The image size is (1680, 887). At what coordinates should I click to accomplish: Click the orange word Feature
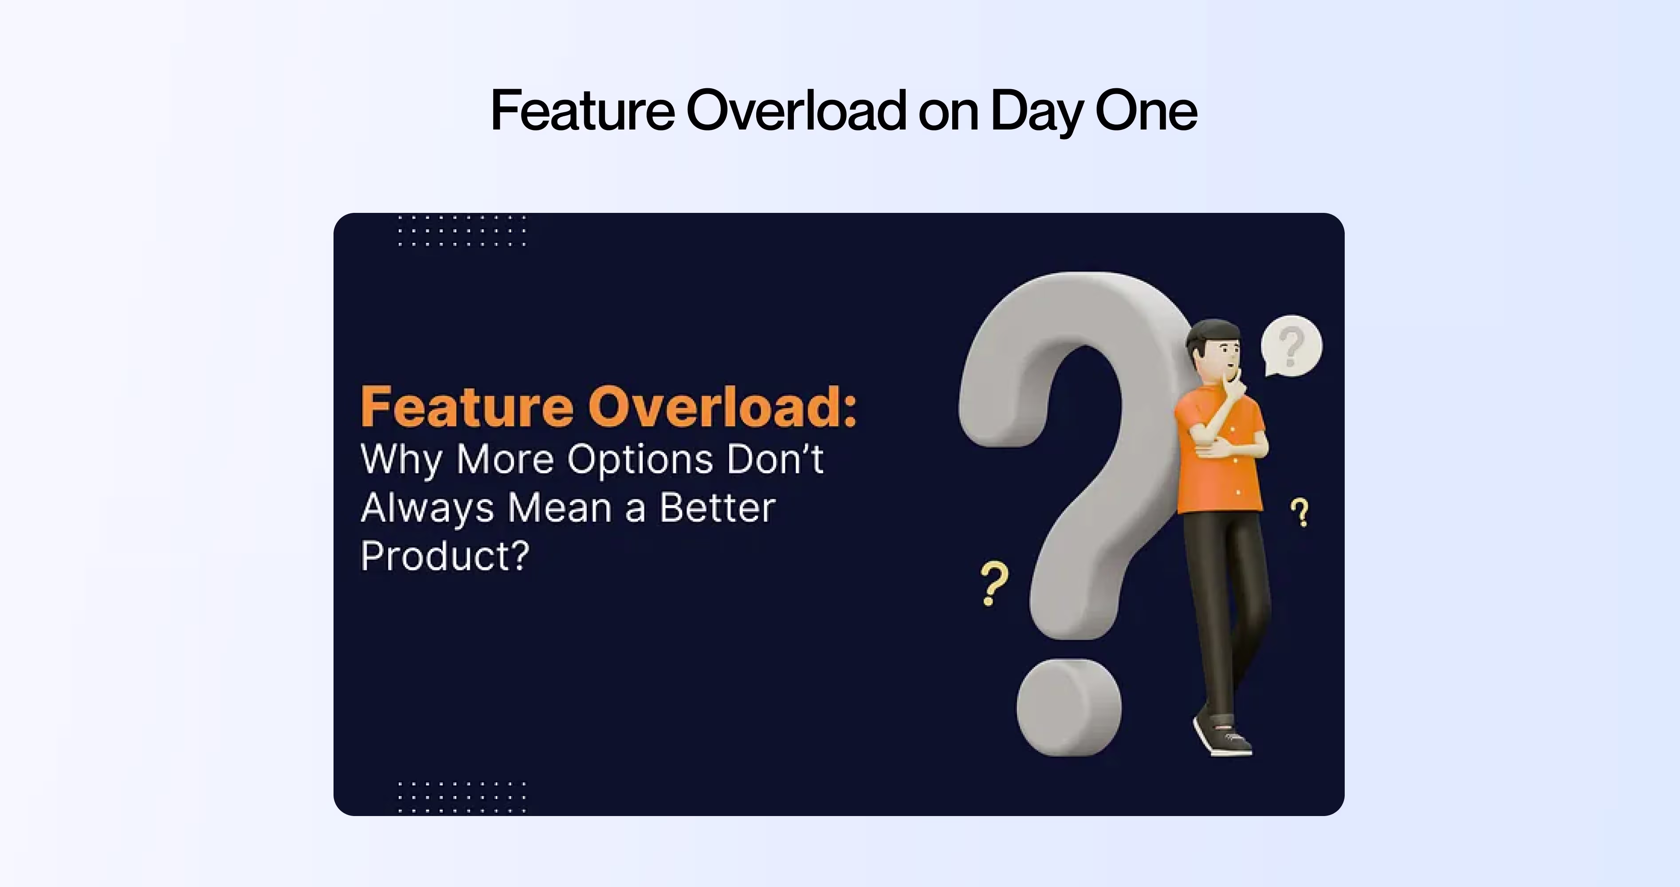click(x=466, y=407)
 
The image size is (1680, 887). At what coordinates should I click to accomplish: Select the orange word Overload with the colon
click(x=722, y=407)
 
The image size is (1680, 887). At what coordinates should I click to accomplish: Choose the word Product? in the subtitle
click(x=444, y=556)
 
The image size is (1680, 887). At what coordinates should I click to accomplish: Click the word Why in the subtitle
click(x=401, y=460)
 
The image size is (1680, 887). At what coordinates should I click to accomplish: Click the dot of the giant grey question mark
click(x=1069, y=708)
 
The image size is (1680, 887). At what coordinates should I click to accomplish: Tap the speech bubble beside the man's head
click(x=1291, y=345)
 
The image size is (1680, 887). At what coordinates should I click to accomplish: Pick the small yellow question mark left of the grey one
click(x=994, y=584)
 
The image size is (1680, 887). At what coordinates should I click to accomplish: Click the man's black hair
click(x=1210, y=333)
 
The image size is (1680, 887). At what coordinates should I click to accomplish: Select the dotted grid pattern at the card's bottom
click(x=461, y=797)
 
